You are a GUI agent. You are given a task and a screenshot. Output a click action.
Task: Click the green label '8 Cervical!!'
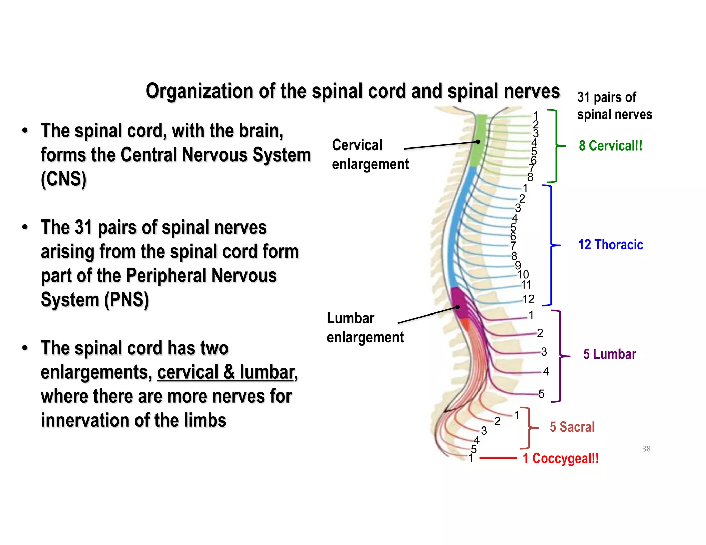click(x=611, y=146)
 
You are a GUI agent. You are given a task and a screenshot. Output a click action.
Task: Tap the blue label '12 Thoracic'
click(x=611, y=245)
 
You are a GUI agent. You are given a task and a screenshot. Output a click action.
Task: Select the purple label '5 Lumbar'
click(x=609, y=354)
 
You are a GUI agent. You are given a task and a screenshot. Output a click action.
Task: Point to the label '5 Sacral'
click(x=572, y=427)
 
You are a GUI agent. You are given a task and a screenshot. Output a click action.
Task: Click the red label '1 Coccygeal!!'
click(x=561, y=459)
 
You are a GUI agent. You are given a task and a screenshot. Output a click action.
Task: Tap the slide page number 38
click(x=646, y=449)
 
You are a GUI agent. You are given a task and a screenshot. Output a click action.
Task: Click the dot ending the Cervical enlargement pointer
click(x=478, y=142)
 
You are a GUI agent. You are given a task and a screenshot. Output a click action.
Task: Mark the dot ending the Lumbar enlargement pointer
click(x=458, y=307)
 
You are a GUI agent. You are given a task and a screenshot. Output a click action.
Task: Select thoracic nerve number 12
click(x=528, y=299)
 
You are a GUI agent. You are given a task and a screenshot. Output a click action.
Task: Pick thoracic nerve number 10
click(x=523, y=275)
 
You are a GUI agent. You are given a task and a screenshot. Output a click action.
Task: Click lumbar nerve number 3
click(x=544, y=352)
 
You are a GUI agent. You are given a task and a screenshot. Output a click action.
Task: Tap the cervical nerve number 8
click(x=530, y=177)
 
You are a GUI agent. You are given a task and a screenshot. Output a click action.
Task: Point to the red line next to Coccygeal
click(x=498, y=458)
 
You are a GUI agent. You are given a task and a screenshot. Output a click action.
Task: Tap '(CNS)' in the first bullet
click(x=63, y=179)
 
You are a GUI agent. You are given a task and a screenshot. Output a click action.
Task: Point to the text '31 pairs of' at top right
click(x=606, y=97)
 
